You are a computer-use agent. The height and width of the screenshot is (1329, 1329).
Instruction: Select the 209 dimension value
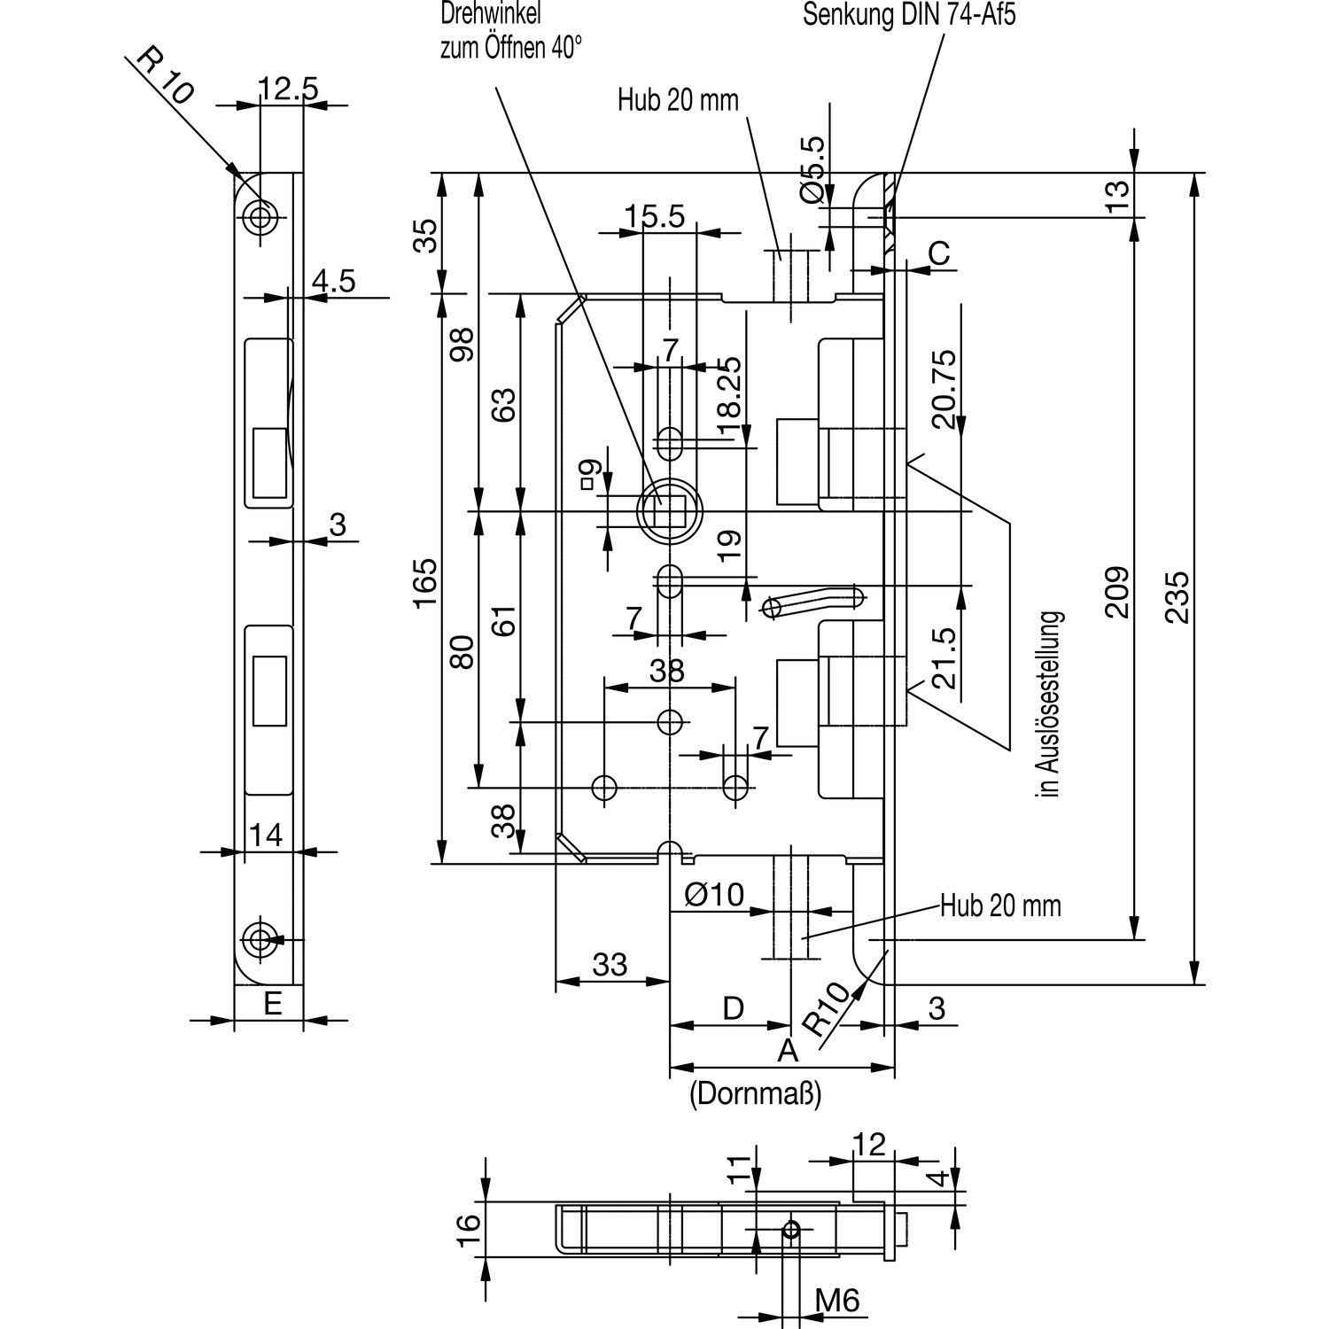click(x=1117, y=592)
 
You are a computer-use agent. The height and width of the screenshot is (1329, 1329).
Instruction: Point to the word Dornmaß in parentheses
click(x=756, y=1094)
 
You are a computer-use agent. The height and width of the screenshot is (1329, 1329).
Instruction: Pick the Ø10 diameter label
click(x=715, y=895)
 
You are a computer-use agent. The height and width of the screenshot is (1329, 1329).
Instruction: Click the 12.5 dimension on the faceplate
click(x=288, y=89)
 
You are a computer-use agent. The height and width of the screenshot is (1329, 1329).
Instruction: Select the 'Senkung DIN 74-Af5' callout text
click(x=908, y=17)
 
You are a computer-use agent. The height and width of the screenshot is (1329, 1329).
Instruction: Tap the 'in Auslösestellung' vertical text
click(x=1051, y=704)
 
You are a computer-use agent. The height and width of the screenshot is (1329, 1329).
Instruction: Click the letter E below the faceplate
click(x=273, y=1004)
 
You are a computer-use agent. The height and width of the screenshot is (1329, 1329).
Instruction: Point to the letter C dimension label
click(x=938, y=253)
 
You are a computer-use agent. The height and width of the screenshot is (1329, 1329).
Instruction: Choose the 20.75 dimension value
click(x=944, y=389)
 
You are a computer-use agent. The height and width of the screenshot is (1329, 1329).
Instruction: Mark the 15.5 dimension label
click(x=655, y=217)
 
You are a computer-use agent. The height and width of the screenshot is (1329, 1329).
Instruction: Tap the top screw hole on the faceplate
click(x=260, y=216)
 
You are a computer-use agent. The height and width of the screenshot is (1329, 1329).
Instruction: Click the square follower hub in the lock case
click(x=669, y=511)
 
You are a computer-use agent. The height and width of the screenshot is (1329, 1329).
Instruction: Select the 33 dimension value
click(x=610, y=964)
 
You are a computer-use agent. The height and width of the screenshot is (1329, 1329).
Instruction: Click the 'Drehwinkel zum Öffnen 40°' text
click(x=511, y=31)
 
